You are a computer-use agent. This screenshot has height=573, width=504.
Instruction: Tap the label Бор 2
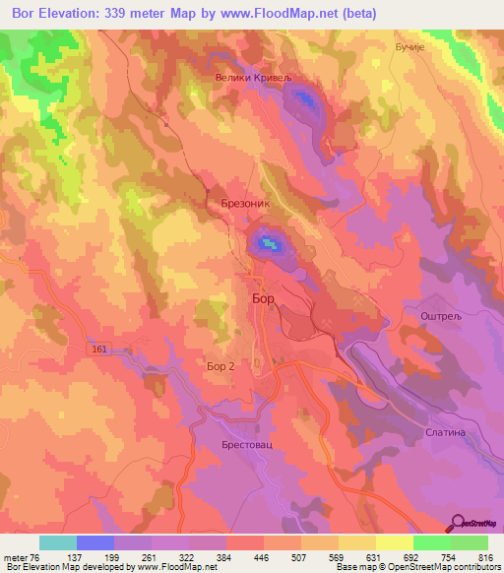coord(220,366)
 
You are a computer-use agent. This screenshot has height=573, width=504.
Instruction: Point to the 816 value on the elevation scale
coord(485,558)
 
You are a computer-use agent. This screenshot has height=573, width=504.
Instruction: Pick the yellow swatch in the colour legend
coord(395,542)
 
